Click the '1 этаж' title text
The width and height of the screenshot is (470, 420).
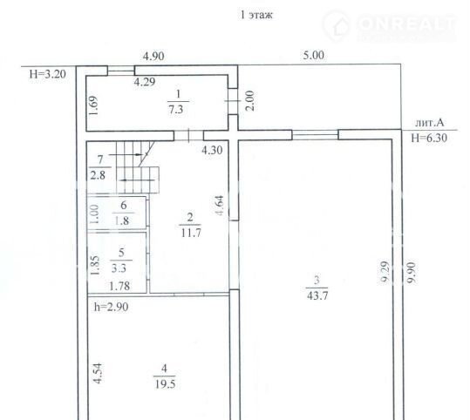pos(256,15)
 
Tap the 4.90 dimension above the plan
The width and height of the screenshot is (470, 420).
pos(153,56)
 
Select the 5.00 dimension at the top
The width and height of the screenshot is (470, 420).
pos(314,56)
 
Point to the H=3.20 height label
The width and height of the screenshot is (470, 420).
pos(48,74)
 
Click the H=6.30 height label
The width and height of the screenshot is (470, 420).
pos(429,138)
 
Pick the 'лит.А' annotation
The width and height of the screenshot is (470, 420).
pos(429,123)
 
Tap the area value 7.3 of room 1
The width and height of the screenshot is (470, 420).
pos(176,109)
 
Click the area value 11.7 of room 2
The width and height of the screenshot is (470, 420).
pos(191,233)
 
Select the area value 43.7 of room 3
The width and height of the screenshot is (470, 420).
pos(317,295)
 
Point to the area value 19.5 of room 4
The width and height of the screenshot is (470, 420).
pos(165,383)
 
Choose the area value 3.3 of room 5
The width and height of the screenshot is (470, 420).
pos(119,268)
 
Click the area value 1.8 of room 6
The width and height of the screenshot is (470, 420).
pos(122,220)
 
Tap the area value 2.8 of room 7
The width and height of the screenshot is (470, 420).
pos(98,175)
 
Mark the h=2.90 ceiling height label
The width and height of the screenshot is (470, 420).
pos(112,307)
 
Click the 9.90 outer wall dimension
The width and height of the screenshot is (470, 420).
pos(412,273)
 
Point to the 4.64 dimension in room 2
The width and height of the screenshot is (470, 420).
pos(220,206)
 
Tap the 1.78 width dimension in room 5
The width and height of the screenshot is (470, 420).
pos(119,286)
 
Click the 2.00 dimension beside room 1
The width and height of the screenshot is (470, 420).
pos(249,101)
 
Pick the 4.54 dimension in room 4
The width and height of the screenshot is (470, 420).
pos(98,373)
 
